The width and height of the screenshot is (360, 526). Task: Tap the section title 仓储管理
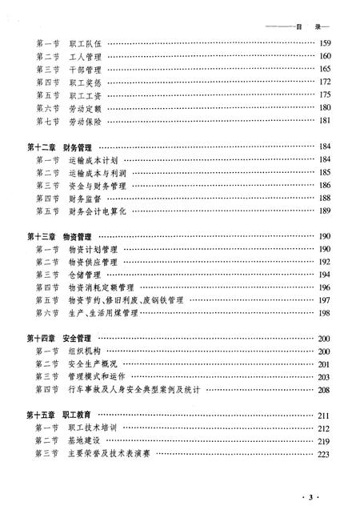83,275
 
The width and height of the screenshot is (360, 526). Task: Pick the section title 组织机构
83,351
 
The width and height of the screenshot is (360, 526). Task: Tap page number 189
325,211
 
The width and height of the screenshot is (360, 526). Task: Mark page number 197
325,299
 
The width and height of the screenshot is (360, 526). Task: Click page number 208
325,390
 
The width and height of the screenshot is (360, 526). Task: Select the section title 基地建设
83,440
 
